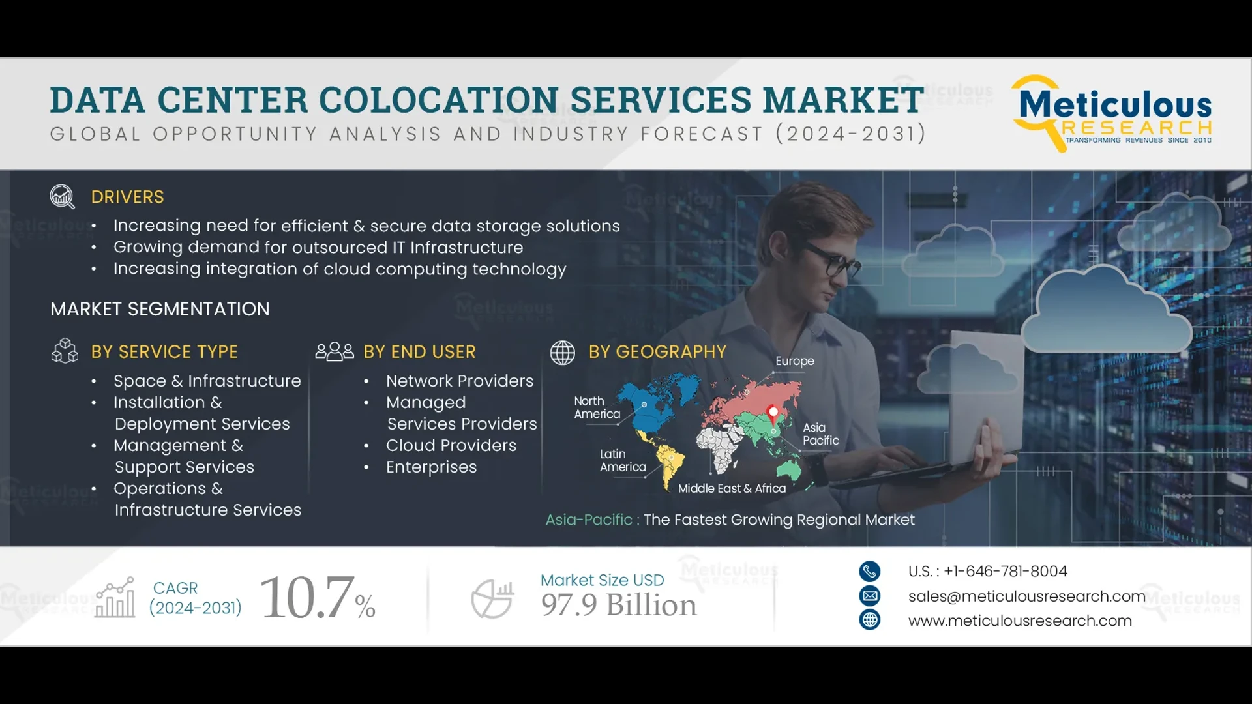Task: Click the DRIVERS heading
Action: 127,197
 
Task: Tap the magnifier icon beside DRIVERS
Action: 63,196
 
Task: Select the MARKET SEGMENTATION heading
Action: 160,309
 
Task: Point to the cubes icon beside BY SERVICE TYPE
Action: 65,351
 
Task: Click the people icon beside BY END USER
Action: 335,351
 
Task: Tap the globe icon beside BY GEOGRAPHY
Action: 562,353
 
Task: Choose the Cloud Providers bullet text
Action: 451,445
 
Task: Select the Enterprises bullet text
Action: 431,467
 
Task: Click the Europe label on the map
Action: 794,361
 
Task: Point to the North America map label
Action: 597,407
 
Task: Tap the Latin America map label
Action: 623,460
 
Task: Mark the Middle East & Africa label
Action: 732,488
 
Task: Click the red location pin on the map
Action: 773,413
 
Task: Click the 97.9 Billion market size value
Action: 618,605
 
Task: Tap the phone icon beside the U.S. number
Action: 869,571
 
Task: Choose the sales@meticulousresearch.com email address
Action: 1026,596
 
